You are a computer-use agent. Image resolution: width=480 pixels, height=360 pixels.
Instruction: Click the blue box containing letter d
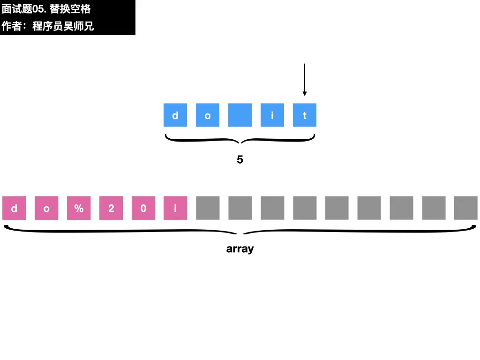click(x=175, y=115)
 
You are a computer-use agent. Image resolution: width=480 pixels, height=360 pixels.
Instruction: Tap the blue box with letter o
click(x=208, y=115)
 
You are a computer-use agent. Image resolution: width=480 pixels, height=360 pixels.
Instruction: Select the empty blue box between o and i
click(x=240, y=115)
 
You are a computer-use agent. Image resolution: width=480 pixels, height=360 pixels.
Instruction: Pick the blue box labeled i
click(x=272, y=115)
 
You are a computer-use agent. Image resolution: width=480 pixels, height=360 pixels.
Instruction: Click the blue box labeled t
click(x=305, y=115)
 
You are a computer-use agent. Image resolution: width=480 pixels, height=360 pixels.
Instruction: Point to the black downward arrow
click(x=305, y=80)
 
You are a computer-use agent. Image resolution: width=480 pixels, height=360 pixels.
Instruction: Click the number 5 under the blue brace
click(x=240, y=160)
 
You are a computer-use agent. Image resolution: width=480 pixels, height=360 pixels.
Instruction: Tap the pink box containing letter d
click(x=14, y=208)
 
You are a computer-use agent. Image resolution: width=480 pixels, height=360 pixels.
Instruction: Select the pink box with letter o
click(x=46, y=208)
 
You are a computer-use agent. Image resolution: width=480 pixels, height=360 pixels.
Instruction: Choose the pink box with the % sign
click(x=79, y=208)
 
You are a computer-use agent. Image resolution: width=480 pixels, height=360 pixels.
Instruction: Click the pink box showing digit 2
click(x=111, y=208)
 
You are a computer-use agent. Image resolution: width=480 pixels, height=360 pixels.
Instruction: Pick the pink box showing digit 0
click(x=143, y=208)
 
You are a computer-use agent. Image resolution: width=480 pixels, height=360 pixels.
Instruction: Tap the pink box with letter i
click(x=175, y=208)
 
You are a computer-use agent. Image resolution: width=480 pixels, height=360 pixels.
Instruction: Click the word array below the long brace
click(x=240, y=249)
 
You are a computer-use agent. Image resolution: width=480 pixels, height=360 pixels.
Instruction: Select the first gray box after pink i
click(x=208, y=208)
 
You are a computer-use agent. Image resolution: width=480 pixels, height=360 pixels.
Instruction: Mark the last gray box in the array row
click(x=466, y=208)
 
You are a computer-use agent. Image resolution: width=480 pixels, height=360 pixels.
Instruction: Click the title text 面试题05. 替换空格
click(x=46, y=8)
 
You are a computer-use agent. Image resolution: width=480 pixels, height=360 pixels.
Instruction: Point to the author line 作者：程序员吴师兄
click(x=48, y=26)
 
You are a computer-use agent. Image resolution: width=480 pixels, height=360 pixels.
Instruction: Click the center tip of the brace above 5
click(x=240, y=143)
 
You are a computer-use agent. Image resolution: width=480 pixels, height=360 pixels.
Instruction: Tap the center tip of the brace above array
click(x=240, y=234)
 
